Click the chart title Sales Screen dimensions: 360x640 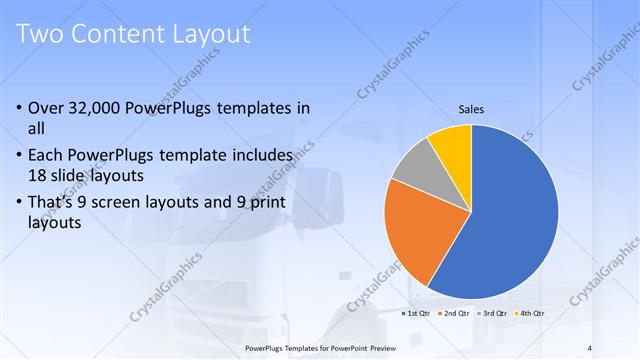(472, 107)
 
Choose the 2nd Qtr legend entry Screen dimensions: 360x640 (456, 313)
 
